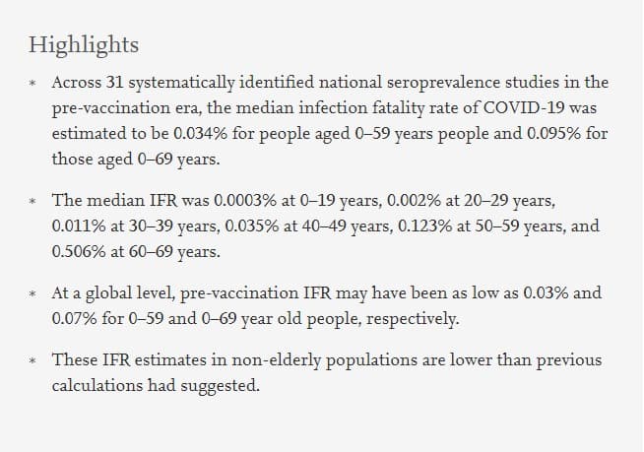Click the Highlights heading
pyautogui.click(x=84, y=45)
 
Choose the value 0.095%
pyautogui.click(x=546, y=133)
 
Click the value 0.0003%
pyautogui.click(x=239, y=202)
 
